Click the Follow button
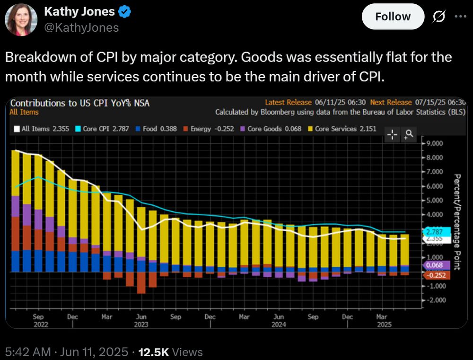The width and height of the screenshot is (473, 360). [x=393, y=17]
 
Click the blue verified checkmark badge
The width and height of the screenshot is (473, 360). [x=124, y=12]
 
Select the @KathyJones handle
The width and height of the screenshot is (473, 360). [x=81, y=28]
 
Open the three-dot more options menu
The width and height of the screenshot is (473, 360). [x=460, y=16]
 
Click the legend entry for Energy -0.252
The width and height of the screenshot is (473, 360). [x=209, y=129]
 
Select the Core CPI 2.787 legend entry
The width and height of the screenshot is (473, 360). [x=103, y=129]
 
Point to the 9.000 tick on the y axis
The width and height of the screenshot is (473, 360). [x=434, y=143]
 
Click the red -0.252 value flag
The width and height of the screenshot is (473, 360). [x=436, y=275]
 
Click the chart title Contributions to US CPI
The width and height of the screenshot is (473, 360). [x=79, y=103]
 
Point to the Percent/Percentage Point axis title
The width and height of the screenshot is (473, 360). [x=457, y=221]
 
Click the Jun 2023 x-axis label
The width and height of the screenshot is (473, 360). [x=141, y=320]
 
